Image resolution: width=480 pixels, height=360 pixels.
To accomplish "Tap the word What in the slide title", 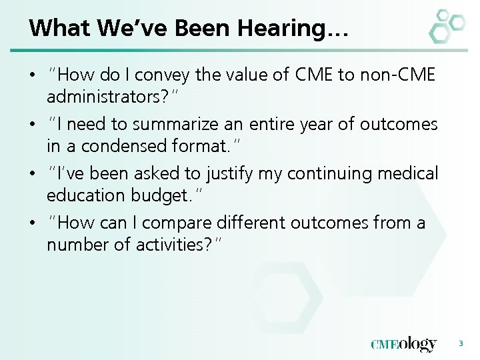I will click(59, 28).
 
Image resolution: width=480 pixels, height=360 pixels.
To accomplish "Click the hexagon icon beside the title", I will click(446, 26).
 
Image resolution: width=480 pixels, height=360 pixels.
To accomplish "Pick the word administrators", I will click(107, 97).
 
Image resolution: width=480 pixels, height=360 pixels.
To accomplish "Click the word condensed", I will click(118, 146).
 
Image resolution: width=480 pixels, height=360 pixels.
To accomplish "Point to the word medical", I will click(407, 173).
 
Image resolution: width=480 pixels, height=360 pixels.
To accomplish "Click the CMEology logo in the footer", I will click(404, 344).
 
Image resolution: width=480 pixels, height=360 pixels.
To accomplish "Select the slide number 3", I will click(460, 343).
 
